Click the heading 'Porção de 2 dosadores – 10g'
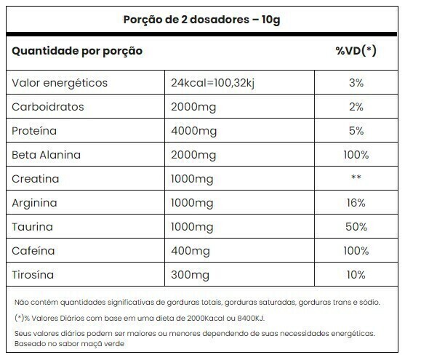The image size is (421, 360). pyautogui.click(x=201, y=20)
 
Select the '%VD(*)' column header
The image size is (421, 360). pyautogui.click(x=356, y=51)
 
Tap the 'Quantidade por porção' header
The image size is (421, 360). pyautogui.click(x=77, y=52)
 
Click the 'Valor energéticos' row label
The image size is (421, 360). pyautogui.click(x=60, y=83)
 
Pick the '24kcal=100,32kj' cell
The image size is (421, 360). pyautogui.click(x=212, y=83)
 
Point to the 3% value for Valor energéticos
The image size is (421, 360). pyautogui.click(x=356, y=83)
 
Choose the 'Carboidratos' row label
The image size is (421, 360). pyautogui.click(x=48, y=107)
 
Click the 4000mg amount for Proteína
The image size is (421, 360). pyautogui.click(x=194, y=132)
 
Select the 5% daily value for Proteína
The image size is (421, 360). pyautogui.click(x=356, y=131)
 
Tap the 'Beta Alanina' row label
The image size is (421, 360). pyautogui.click(x=47, y=155)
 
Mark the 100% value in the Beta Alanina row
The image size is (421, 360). pyautogui.click(x=356, y=155)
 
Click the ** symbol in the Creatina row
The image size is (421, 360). pyautogui.click(x=356, y=177)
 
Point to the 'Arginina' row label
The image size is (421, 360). pyautogui.click(x=34, y=203)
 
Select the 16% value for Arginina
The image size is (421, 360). pyautogui.click(x=356, y=203)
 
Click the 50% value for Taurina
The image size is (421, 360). pyautogui.click(x=356, y=227)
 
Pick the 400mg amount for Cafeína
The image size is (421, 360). pyautogui.click(x=191, y=252)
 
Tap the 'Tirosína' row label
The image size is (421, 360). pyautogui.click(x=33, y=275)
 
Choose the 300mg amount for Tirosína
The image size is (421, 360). pyautogui.click(x=190, y=275)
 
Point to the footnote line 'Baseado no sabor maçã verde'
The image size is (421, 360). pyautogui.click(x=69, y=343)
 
